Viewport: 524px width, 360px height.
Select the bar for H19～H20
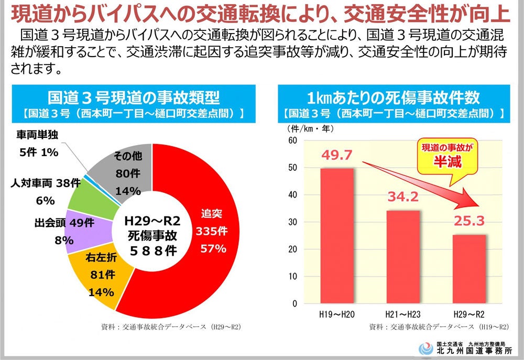(x=336, y=236)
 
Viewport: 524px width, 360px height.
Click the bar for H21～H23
(x=403, y=257)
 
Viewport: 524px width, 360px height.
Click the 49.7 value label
(x=336, y=156)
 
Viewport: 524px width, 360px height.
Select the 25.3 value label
(x=469, y=222)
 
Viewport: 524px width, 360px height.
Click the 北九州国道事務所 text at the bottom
(x=475, y=350)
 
